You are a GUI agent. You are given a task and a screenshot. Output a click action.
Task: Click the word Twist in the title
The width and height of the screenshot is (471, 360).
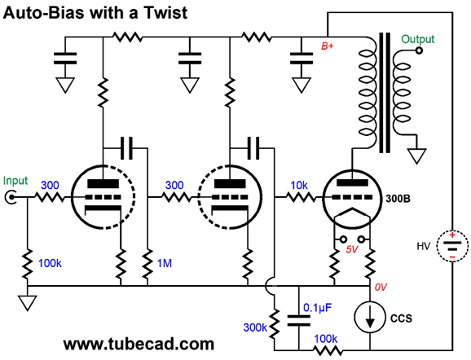[x=165, y=13]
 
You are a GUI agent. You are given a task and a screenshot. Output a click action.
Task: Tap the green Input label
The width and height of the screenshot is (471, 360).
[x=15, y=181]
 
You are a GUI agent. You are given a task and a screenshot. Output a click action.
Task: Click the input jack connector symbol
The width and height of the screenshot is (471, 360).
[x=11, y=197]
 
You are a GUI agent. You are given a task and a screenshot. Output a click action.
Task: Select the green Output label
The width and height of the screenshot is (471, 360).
[x=418, y=39]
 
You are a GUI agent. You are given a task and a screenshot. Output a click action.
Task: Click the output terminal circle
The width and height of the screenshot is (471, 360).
[x=418, y=50]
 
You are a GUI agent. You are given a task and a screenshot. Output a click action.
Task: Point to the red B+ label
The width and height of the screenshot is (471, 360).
[x=328, y=46]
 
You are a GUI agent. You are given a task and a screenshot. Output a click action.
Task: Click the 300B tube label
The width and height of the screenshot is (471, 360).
[x=398, y=199]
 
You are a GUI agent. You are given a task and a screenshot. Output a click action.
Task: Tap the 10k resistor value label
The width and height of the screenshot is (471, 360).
[x=299, y=185]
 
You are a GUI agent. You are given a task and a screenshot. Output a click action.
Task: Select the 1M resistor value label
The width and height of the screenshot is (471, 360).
[x=165, y=263]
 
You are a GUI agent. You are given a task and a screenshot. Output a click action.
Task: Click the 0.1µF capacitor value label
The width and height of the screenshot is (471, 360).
[x=318, y=308]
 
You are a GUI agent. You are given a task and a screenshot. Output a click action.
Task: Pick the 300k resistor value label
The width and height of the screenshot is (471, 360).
[x=255, y=327]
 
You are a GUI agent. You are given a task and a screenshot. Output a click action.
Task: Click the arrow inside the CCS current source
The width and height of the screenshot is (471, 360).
[x=370, y=318]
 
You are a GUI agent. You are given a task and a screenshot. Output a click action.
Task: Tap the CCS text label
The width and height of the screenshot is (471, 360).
[x=401, y=318]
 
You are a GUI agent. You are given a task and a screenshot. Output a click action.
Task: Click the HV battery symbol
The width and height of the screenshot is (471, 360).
[x=452, y=246]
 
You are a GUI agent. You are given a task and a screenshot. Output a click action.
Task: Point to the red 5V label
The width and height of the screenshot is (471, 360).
[x=352, y=250]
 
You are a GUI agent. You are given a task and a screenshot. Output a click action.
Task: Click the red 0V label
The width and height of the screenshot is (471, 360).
[x=381, y=288]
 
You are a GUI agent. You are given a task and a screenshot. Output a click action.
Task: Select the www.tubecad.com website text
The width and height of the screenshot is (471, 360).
[x=139, y=344]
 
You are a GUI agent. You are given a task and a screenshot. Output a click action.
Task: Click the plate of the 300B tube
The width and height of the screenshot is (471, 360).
[x=352, y=182]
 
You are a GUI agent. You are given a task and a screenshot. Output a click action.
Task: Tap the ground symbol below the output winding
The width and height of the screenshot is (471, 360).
[x=416, y=156]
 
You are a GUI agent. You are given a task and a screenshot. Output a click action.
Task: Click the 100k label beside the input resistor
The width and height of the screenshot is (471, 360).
[x=50, y=263]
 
